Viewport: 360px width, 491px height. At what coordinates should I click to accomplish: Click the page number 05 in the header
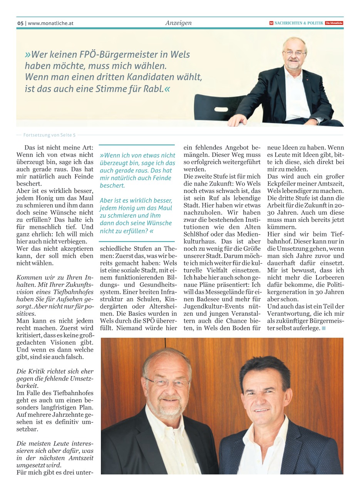(20, 23)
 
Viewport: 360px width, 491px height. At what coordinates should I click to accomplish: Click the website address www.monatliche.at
(50, 23)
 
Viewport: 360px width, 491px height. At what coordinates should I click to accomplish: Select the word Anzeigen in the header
(178, 23)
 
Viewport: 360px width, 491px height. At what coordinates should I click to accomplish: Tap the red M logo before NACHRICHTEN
(271, 23)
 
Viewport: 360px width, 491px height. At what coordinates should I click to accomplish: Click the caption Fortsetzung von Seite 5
(49, 135)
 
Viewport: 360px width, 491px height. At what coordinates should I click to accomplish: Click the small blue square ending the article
(323, 328)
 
